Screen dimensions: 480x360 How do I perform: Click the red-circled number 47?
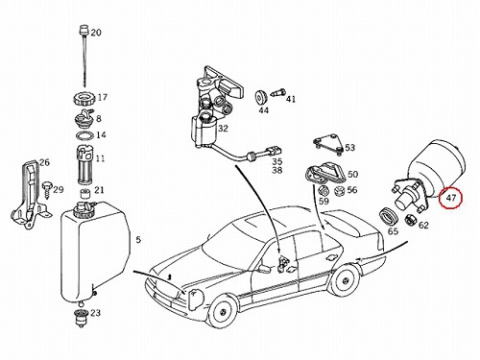pyautogui.click(x=450, y=198)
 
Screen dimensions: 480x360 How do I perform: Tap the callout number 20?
pyautogui.click(x=96, y=33)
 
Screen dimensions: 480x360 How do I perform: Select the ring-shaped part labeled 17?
pyautogui.click(x=84, y=98)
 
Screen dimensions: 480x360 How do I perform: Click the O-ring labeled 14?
pyautogui.click(x=85, y=135)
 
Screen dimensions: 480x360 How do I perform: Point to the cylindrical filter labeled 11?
pyautogui.click(x=84, y=164)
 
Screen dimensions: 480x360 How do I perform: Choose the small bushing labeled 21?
pyautogui.click(x=85, y=194)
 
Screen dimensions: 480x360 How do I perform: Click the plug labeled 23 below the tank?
pyautogui.click(x=80, y=318)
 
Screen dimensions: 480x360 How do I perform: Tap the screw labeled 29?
pyautogui.click(x=47, y=189)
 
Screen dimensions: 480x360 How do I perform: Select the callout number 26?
pyautogui.click(x=44, y=162)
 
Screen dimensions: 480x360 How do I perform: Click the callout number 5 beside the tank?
pyautogui.click(x=138, y=239)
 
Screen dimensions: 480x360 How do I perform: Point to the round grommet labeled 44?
pyautogui.click(x=260, y=97)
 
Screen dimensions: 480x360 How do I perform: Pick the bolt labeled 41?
pyautogui.click(x=277, y=93)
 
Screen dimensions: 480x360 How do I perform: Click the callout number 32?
pyautogui.click(x=223, y=129)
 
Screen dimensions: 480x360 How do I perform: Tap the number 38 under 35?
pyautogui.click(x=277, y=170)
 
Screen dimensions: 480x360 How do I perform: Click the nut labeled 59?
pyautogui.click(x=324, y=191)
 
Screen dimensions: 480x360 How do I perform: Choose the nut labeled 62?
pyautogui.click(x=410, y=220)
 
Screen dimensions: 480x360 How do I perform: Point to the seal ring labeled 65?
pyautogui.click(x=389, y=216)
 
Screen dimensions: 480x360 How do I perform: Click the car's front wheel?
pyautogui.click(x=223, y=311)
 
